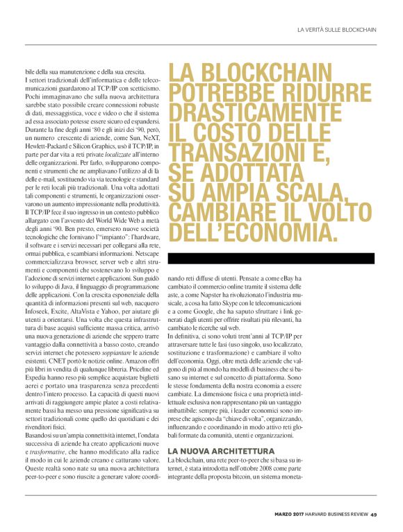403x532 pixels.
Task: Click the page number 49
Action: [x=373, y=514]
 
